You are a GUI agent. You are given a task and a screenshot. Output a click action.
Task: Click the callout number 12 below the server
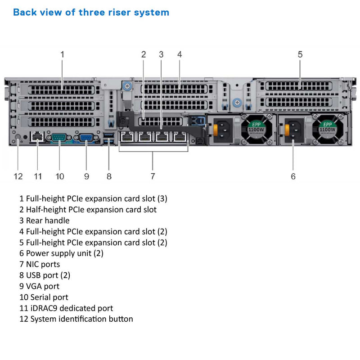pyautogui.click(x=18, y=176)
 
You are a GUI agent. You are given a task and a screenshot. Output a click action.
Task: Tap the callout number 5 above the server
pyautogui.click(x=300, y=54)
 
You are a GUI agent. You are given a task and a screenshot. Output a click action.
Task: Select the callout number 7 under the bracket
pyautogui.click(x=153, y=176)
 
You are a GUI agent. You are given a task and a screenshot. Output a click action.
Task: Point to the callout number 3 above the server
pyautogui.click(x=161, y=54)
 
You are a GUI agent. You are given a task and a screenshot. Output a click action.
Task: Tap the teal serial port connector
pyautogui.click(x=59, y=137)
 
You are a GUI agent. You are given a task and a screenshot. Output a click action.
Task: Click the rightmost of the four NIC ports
pyautogui.click(x=180, y=136)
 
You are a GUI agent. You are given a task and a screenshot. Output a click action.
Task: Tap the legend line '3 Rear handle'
pyautogui.click(x=45, y=220)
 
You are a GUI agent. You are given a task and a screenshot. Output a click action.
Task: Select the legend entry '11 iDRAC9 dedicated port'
pyautogui.click(x=66, y=308)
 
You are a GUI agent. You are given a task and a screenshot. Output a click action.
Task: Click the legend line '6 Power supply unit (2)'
pyautogui.click(x=61, y=253)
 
